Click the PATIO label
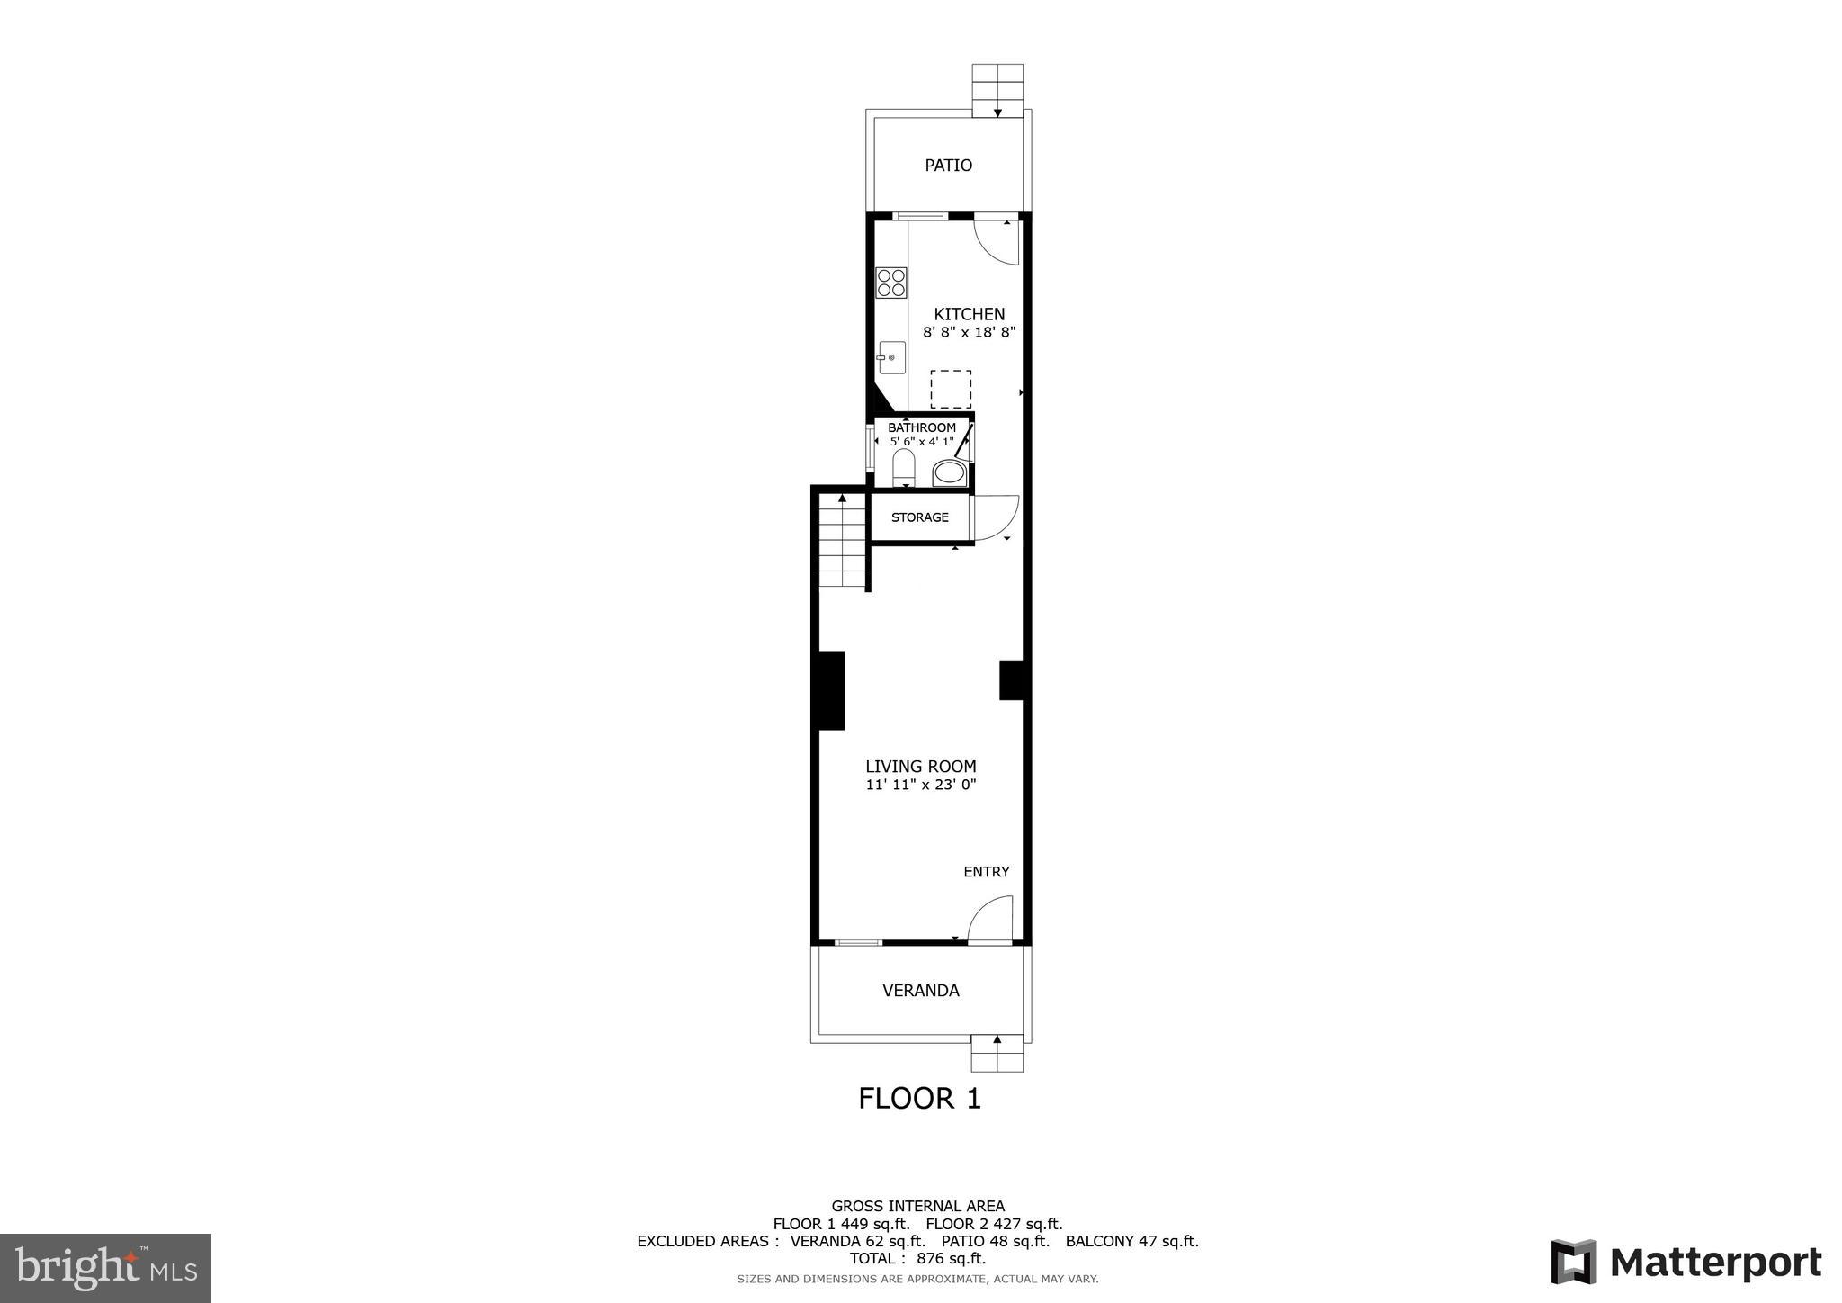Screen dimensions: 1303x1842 point(948,166)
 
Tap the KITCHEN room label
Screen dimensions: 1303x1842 point(969,314)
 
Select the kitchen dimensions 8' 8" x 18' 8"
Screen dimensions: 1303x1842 point(969,332)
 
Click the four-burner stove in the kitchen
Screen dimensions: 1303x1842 point(891,283)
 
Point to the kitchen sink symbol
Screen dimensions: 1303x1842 point(890,358)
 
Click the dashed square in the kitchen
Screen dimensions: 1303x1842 point(950,389)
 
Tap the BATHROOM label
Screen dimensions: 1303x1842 point(921,427)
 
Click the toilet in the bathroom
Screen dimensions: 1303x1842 point(903,467)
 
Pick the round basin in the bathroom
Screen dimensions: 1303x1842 point(948,472)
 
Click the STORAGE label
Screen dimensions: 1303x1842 point(919,517)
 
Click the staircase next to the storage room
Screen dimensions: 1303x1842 point(842,544)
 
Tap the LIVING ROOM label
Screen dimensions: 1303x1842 point(920,767)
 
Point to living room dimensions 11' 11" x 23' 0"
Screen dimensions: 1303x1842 point(920,785)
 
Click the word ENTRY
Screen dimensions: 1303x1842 point(986,872)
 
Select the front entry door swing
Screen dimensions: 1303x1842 point(990,920)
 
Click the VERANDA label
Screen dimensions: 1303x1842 point(920,991)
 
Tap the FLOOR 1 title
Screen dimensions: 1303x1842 point(919,1099)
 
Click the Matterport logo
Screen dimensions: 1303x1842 point(1686,1263)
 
